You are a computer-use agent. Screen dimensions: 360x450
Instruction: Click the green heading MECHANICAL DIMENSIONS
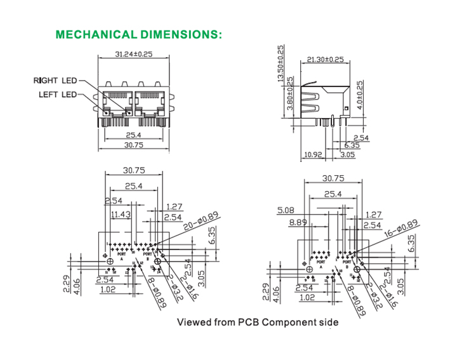coord(139,34)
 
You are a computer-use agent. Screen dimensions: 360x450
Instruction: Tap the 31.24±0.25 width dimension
coord(135,54)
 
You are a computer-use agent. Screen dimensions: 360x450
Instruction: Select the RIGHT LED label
coord(55,81)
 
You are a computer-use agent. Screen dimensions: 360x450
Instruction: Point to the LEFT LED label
coord(57,95)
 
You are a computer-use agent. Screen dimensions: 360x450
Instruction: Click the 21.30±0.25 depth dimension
coord(325,59)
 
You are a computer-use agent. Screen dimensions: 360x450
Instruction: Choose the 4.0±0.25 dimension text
coord(360,95)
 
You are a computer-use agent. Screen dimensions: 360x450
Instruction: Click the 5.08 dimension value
coord(285,211)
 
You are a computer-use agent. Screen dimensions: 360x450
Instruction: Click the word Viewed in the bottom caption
coord(193,322)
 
